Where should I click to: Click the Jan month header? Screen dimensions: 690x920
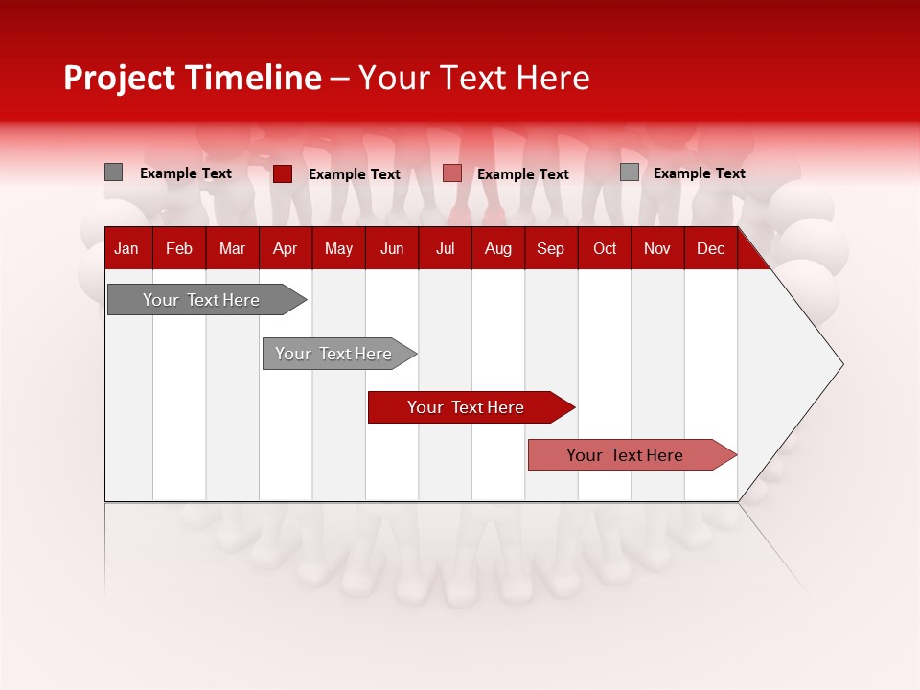pyautogui.click(x=126, y=249)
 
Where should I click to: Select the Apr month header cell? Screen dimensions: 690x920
pyautogui.click(x=285, y=249)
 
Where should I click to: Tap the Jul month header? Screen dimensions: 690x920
pyautogui.click(x=445, y=249)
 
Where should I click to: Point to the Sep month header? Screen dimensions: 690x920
pyautogui.click(x=550, y=249)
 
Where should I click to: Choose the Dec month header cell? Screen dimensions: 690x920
pyautogui.click(x=710, y=249)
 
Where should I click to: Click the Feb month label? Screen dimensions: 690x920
pyautogui.click(x=179, y=249)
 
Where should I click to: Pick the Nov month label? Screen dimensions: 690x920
pyautogui.click(x=657, y=249)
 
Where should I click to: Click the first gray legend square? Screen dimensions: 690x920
pyautogui.click(x=114, y=172)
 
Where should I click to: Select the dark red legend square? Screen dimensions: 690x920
pyautogui.click(x=283, y=173)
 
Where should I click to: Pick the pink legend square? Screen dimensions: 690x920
pyautogui.click(x=452, y=173)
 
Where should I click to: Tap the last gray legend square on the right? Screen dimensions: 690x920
pyautogui.click(x=630, y=172)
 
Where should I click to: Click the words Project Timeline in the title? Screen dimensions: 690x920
pyautogui.click(x=192, y=78)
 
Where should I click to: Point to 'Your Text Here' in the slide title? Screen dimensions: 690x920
pyautogui.click(x=473, y=78)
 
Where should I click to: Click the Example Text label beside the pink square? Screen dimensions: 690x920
pyautogui.click(x=522, y=174)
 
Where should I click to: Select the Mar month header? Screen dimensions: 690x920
pyautogui.click(x=232, y=249)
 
